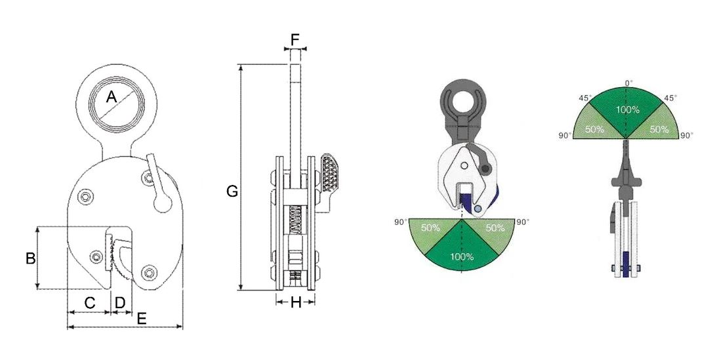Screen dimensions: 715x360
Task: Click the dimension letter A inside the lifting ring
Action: pyautogui.click(x=112, y=96)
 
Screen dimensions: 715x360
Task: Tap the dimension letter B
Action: pyautogui.click(x=30, y=258)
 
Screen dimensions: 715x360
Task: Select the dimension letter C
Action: pyautogui.click(x=90, y=302)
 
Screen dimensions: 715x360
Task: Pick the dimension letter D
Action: pyautogui.click(x=120, y=302)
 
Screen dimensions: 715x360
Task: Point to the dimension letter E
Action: pyautogui.click(x=142, y=319)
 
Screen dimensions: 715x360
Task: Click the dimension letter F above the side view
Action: pyautogui.click(x=295, y=40)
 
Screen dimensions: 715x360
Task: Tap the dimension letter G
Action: pyautogui.click(x=232, y=191)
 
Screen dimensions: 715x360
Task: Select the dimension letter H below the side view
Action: pyautogui.click(x=296, y=302)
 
